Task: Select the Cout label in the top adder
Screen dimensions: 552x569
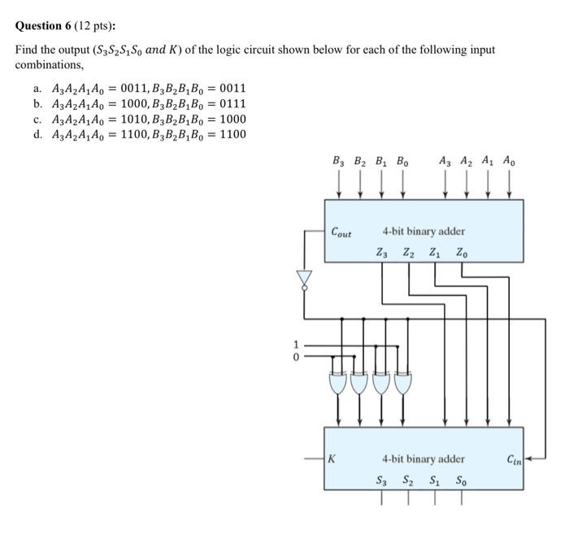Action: (341, 233)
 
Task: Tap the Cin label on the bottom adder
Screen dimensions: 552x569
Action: (514, 460)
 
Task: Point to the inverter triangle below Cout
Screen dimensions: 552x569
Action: (304, 279)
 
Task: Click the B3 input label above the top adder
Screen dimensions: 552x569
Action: (338, 161)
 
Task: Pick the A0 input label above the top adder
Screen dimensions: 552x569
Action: (508, 161)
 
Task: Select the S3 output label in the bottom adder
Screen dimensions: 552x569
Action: (382, 480)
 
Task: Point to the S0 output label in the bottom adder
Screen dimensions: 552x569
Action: (461, 480)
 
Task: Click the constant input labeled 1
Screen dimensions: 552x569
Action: (297, 344)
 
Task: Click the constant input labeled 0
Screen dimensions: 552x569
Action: (297, 356)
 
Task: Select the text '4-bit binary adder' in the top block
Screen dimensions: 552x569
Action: (423, 232)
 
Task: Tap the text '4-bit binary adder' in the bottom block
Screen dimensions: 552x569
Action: (423, 459)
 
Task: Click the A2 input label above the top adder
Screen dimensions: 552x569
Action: (466, 161)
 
